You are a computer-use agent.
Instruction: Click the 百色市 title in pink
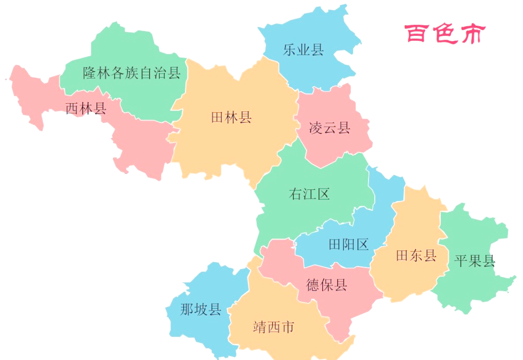445,34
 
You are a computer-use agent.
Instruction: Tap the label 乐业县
303,49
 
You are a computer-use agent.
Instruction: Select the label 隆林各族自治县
132,73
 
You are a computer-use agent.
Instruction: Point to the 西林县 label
86,108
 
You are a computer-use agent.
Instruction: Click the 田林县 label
231,117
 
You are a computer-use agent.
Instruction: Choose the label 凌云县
329,128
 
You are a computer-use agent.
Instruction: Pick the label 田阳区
349,244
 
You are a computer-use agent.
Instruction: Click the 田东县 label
416,255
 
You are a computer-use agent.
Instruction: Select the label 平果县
475,262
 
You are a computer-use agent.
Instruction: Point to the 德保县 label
327,285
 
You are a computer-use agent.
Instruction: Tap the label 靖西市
274,327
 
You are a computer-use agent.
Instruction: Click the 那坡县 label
201,309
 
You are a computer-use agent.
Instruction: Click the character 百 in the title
417,34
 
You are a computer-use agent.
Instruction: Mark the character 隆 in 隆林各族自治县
90,73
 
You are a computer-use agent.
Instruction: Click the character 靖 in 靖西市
260,327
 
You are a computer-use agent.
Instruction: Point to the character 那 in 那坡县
187,309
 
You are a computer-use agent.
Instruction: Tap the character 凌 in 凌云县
316,128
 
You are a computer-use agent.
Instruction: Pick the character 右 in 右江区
295,194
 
